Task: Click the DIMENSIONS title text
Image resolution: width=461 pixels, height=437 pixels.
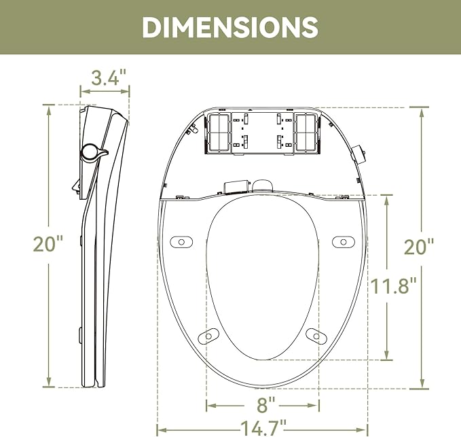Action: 230,27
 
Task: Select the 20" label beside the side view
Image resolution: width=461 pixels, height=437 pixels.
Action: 48,244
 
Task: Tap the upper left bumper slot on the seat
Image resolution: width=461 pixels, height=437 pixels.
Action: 181,241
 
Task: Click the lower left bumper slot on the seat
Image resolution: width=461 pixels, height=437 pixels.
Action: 210,334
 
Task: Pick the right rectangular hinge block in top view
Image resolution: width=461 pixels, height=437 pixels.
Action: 306,132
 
